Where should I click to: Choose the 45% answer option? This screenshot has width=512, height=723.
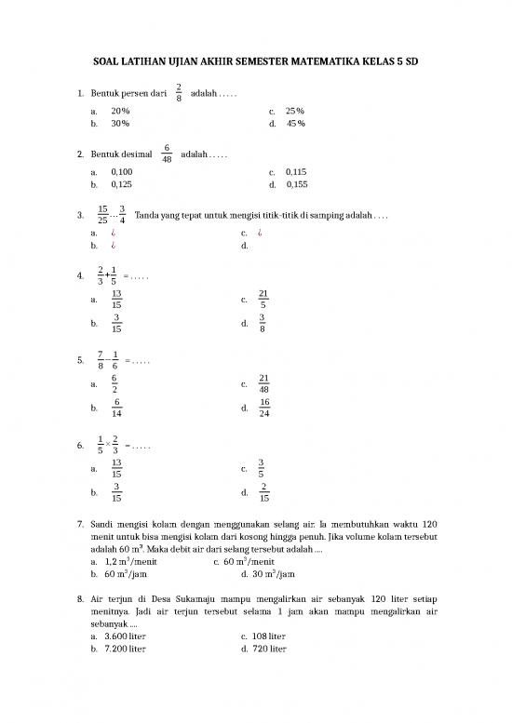(297, 123)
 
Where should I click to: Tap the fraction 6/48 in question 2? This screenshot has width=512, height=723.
(167, 153)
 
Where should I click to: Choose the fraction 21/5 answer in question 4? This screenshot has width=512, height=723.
(264, 300)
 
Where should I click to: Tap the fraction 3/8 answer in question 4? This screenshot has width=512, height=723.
(264, 324)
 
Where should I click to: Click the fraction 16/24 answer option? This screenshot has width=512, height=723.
(264, 408)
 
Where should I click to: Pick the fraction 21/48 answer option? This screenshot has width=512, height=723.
(264, 383)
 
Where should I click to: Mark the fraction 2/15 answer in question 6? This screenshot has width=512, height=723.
(264, 492)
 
